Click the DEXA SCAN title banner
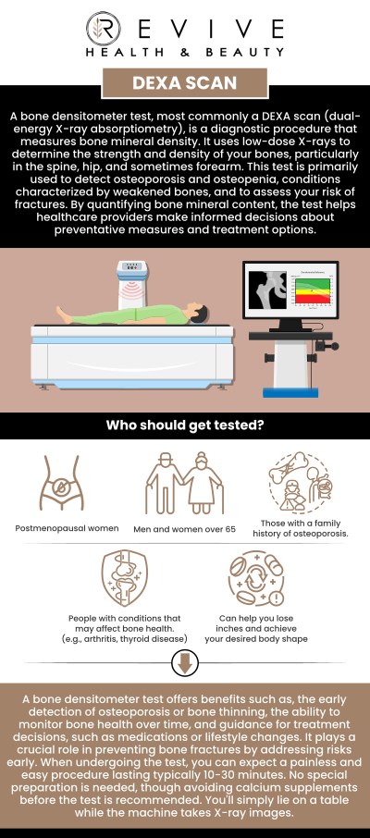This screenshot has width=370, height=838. coord(184,82)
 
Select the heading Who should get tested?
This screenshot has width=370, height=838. coord(184,426)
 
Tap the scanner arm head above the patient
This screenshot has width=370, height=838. coord(132,282)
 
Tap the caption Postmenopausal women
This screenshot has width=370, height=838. coord(66,529)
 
